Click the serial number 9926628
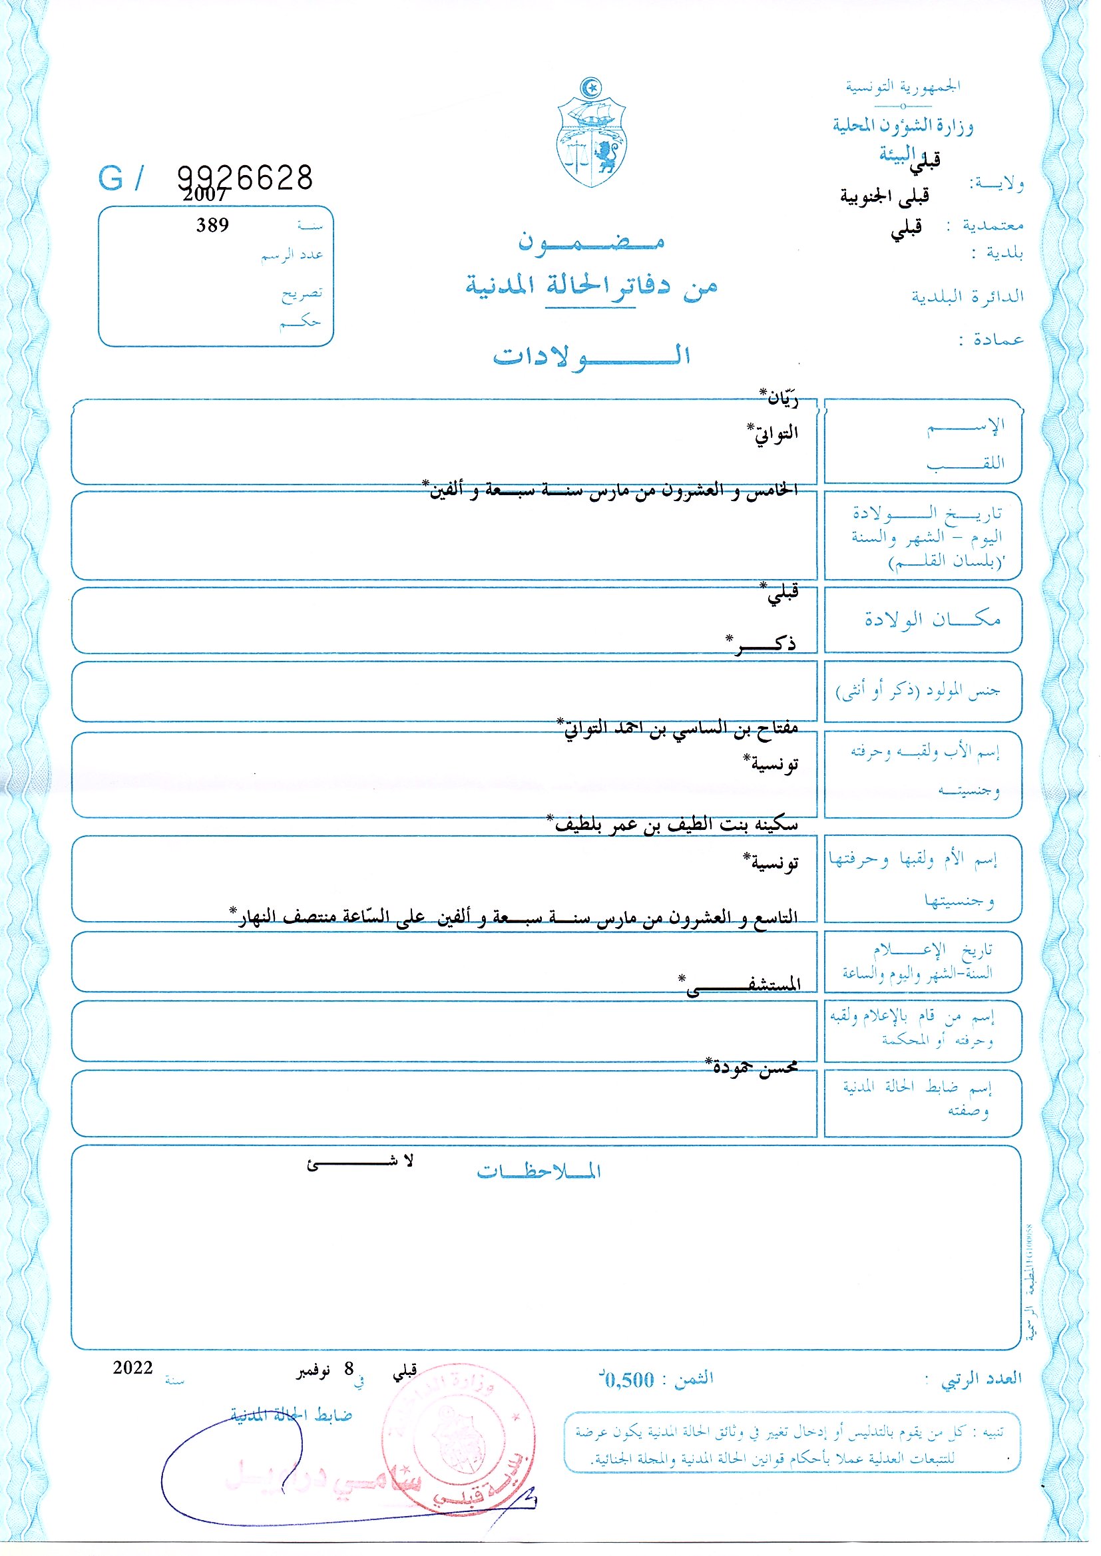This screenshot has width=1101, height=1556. [x=245, y=178]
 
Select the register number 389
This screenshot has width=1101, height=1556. [x=212, y=225]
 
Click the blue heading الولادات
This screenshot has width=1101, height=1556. [x=591, y=356]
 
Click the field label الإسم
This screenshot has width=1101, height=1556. [x=966, y=427]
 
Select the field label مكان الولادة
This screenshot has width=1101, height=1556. [x=932, y=619]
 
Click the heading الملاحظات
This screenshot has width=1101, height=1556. [x=539, y=1171]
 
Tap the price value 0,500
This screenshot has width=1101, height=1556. [x=629, y=1380]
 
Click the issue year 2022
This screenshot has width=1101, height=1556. [x=133, y=1368]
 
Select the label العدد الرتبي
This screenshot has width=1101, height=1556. [x=981, y=1378]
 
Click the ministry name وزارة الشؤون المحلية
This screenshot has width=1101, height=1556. [x=903, y=126]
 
